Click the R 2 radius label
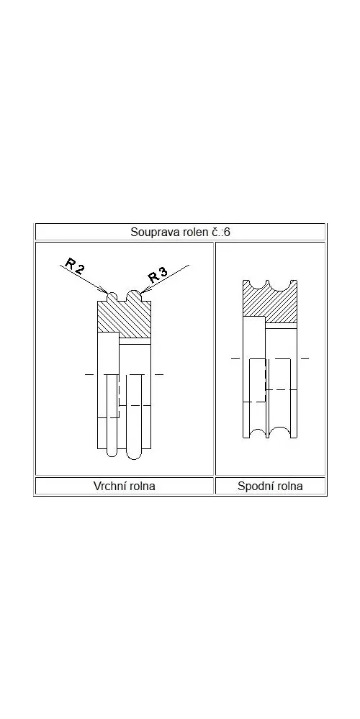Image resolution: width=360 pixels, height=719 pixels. pos(75,266)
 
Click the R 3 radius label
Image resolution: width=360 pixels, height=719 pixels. pos(158,275)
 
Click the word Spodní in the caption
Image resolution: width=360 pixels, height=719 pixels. pos(253,486)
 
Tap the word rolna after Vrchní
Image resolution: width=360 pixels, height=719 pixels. pos(141,486)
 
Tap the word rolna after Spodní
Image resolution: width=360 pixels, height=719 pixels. pos(288,486)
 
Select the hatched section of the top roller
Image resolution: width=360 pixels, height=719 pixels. pos(125,318)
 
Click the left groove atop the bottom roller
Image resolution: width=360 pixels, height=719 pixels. pos(258,285)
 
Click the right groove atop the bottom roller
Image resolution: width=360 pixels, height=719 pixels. pos(280,285)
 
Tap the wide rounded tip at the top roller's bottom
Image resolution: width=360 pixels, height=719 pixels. pos(133,454)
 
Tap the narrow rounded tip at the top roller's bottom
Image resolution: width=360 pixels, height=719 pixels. pos(112,453)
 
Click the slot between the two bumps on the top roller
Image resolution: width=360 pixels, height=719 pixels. pos(122,297)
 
